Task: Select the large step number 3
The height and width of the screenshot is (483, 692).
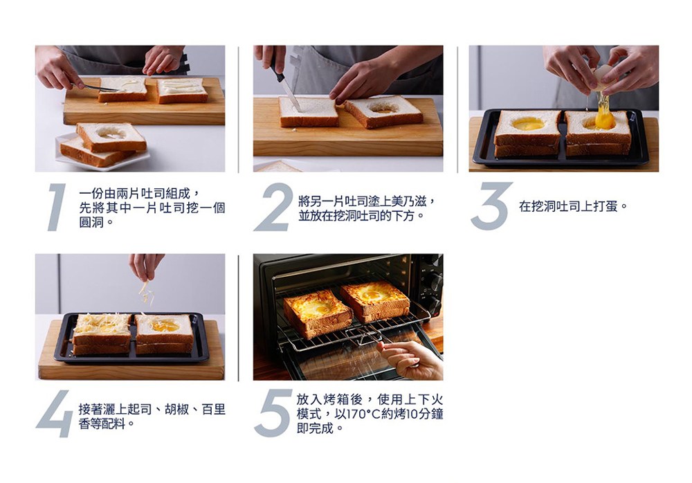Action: coord(491,206)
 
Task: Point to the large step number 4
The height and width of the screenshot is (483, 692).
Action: coord(55,414)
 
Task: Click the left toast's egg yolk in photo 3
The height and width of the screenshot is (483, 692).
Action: coord(527,124)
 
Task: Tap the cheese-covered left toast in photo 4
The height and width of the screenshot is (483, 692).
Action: coord(102,329)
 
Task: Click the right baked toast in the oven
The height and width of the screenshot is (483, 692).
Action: coord(376,299)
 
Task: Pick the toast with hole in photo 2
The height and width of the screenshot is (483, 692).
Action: coord(383,111)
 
